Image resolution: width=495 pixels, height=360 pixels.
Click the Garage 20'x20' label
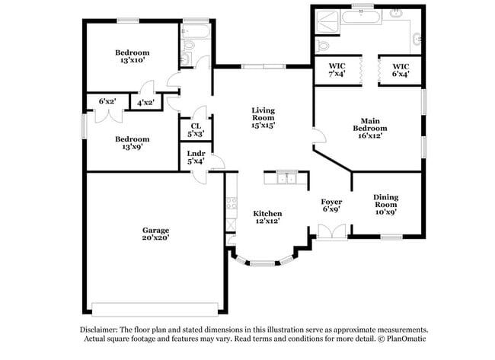155,234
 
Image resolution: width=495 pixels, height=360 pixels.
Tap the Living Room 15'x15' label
263,119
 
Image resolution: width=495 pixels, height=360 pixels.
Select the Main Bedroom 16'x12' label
371,128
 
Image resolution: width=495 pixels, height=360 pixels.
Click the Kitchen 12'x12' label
267,217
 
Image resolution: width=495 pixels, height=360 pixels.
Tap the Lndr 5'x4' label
195,156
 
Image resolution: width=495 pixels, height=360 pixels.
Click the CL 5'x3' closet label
195,130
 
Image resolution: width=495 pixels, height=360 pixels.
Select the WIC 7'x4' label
337,70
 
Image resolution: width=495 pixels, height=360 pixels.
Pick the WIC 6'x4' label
400,70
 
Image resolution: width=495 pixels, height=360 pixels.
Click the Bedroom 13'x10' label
132,56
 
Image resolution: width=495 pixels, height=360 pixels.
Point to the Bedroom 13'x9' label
132,143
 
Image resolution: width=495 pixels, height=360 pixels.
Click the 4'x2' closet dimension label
145,101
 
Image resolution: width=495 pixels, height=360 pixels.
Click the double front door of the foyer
332,232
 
